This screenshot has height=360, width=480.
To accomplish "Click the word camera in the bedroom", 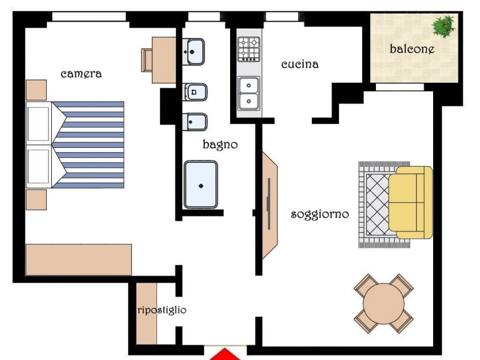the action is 81,74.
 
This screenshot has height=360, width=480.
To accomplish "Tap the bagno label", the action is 220,144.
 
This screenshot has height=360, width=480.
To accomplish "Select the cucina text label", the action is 300,64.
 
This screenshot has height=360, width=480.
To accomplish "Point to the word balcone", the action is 412,49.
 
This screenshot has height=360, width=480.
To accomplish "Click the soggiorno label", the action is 320,214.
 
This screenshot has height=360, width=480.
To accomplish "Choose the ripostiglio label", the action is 162,310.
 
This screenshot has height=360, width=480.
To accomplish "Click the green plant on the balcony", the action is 443,26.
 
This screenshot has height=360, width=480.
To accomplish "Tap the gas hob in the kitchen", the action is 249,49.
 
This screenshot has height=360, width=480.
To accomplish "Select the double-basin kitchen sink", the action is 248,93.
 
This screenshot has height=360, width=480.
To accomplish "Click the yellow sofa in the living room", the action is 410,202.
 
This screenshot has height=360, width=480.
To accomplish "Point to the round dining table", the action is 383,303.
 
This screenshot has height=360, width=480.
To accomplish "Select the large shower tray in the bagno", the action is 201,185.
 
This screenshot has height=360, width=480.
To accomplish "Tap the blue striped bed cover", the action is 88,145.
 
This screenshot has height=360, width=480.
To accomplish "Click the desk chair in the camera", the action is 147,60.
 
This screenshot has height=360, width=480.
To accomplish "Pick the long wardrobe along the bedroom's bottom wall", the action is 79,260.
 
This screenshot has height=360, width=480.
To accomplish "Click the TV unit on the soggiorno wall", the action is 270,205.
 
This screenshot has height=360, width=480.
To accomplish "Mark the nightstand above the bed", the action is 36,90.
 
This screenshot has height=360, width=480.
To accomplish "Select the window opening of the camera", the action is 89,16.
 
